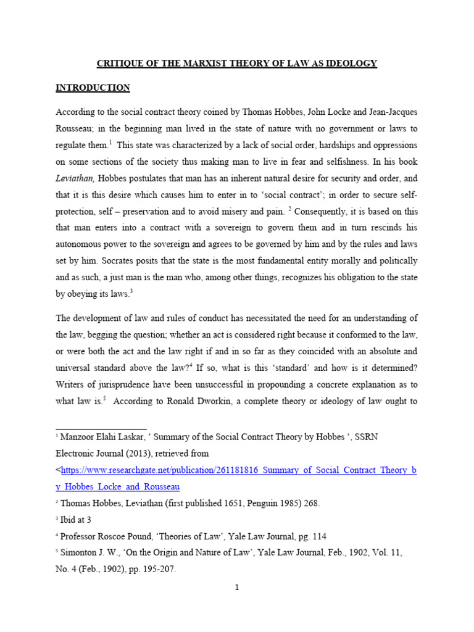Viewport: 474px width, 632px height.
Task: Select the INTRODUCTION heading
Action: (93, 88)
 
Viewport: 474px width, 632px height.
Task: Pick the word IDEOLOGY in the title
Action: (352, 64)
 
